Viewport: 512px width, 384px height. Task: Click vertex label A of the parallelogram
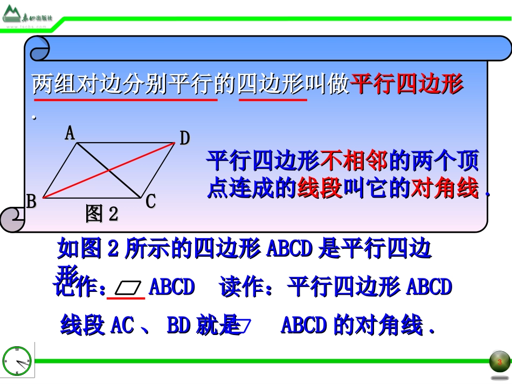pyautogui.click(x=70, y=133)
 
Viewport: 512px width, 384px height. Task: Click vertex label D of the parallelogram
pyautogui.click(x=184, y=139)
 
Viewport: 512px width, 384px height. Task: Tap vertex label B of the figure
pyautogui.click(x=32, y=201)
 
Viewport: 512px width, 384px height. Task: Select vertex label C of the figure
pyautogui.click(x=150, y=201)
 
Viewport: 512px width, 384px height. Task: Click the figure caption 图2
pyautogui.click(x=101, y=214)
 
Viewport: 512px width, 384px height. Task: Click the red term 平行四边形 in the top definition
pyautogui.click(x=407, y=85)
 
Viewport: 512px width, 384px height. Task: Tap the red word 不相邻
pyautogui.click(x=354, y=160)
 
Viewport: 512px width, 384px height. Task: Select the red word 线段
pyautogui.click(x=320, y=189)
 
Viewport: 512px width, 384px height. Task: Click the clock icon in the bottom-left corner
pyautogui.click(x=17, y=360)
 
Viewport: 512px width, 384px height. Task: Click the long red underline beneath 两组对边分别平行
pyautogui.click(x=125, y=100)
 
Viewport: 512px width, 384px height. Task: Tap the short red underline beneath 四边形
pyautogui.click(x=273, y=100)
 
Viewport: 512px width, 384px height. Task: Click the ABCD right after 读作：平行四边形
pyautogui.click(x=428, y=287)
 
